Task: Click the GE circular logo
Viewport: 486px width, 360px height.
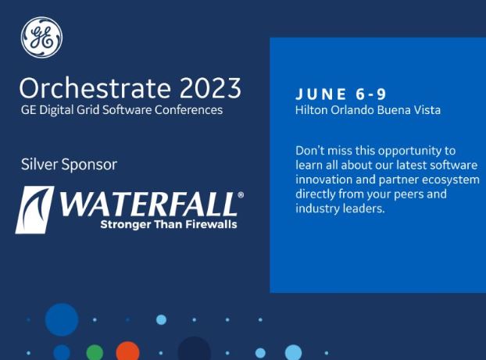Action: point(42,37)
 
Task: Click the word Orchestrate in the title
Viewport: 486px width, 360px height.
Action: point(95,87)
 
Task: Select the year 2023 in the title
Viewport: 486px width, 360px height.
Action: point(210,87)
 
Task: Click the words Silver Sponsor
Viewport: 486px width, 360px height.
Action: point(69,164)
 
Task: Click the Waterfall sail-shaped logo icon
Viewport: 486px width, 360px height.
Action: point(34,210)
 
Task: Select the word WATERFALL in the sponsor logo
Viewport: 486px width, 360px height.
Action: point(148,204)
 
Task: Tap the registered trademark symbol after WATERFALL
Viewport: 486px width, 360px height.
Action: point(241,195)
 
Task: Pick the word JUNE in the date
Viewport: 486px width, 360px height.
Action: point(321,94)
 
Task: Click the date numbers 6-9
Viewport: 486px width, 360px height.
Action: point(371,94)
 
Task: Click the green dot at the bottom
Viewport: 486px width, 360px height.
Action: point(95,352)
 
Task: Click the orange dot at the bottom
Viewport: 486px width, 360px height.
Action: point(127,351)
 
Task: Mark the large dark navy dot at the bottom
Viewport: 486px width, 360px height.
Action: point(195,349)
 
